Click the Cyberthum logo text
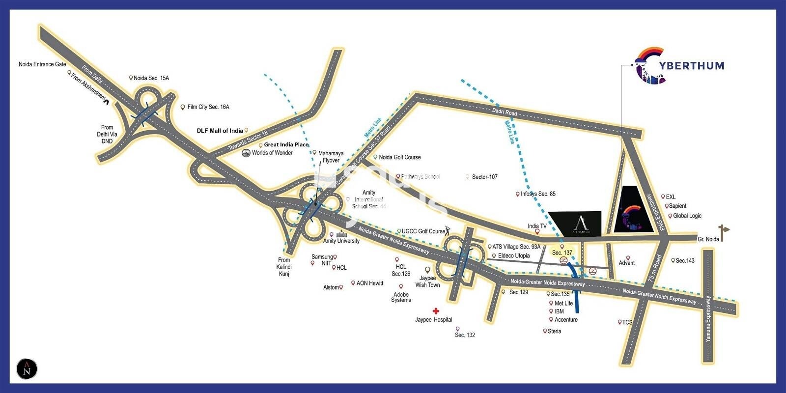click(x=693, y=65)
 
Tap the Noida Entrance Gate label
click(x=42, y=64)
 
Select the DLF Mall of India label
click(x=220, y=131)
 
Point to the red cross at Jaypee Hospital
click(x=435, y=311)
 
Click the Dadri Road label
click(x=505, y=112)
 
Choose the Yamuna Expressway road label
click(x=708, y=319)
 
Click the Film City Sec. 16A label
click(x=208, y=107)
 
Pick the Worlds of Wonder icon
click(x=246, y=153)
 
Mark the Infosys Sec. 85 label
click(x=538, y=194)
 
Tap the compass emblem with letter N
click(x=27, y=369)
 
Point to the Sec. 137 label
click(x=562, y=253)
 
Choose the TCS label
click(x=627, y=322)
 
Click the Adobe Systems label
click(x=401, y=297)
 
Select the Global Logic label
click(x=687, y=216)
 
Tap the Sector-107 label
click(x=484, y=177)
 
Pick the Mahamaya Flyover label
click(x=331, y=157)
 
